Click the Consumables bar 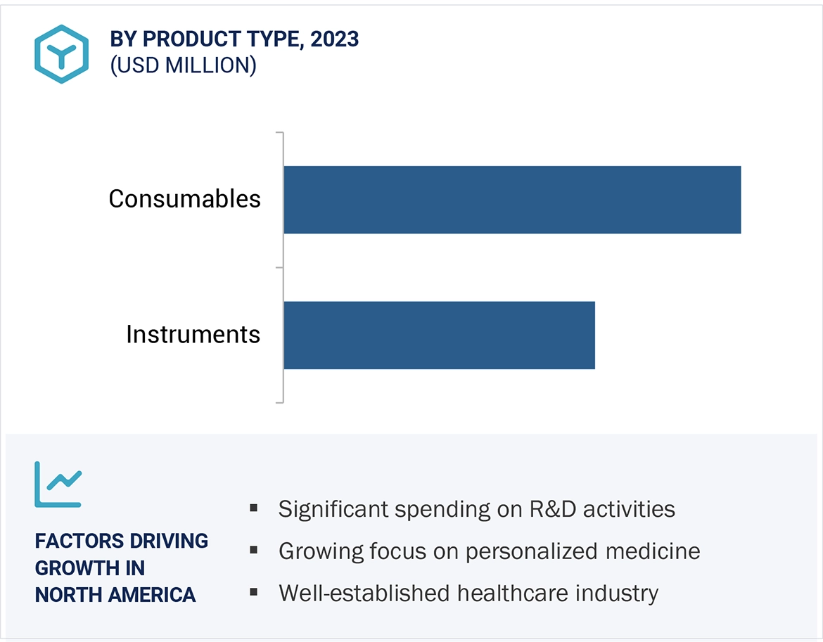point(512,200)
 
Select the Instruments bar point(439,335)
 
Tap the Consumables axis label point(184,199)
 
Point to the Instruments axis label point(193,334)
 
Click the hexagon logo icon point(62,54)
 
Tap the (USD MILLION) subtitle point(183,65)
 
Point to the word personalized point(519,551)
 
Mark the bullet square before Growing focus point(254,550)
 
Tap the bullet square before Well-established point(254,592)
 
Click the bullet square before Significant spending point(254,508)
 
